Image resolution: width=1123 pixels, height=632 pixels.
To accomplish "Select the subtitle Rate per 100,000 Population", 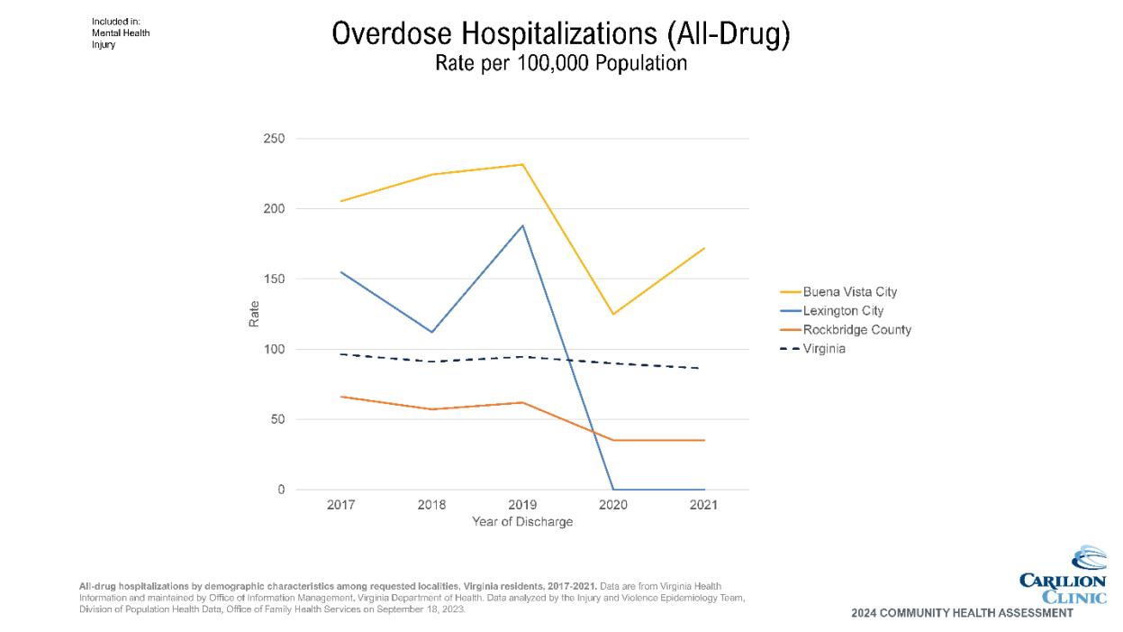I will click(x=560, y=64).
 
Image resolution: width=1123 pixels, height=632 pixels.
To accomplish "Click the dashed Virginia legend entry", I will click(x=824, y=349).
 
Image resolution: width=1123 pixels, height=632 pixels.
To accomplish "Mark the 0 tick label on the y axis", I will click(x=281, y=490).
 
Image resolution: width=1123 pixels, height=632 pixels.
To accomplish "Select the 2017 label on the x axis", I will click(x=340, y=505).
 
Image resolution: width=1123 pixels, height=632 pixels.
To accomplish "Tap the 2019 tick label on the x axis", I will click(x=522, y=505).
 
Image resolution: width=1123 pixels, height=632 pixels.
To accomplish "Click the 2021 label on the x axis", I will click(x=703, y=505).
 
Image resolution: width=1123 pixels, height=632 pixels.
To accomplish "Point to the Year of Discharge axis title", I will click(x=522, y=522).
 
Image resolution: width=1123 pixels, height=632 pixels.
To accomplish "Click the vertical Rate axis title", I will click(x=254, y=314).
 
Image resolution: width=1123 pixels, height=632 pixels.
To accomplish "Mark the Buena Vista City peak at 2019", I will click(x=522, y=164).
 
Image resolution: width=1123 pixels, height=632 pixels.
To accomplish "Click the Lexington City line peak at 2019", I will click(x=522, y=225).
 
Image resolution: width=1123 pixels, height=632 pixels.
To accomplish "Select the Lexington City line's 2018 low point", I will click(x=432, y=332).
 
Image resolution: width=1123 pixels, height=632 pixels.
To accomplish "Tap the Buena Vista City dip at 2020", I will click(x=613, y=314).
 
